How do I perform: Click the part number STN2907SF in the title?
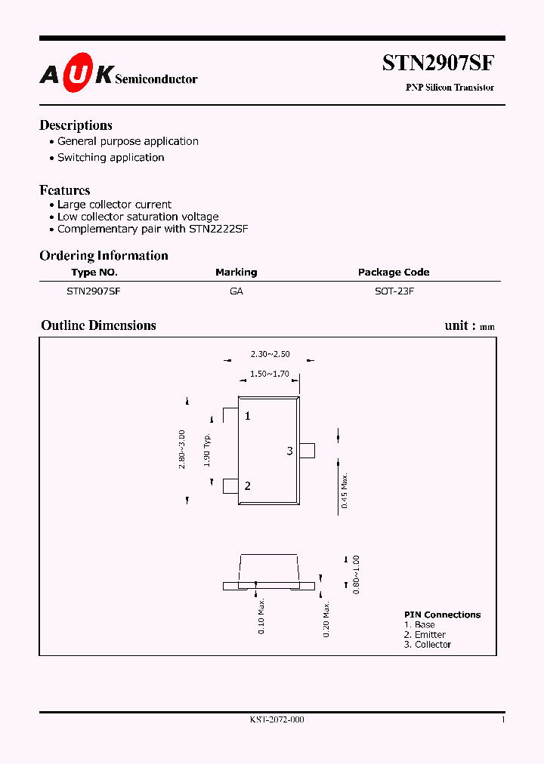coord(438,63)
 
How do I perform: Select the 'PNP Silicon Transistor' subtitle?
coord(450,88)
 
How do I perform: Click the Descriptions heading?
coord(76,125)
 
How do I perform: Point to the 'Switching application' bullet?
coord(110,158)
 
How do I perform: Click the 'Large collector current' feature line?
coord(114,205)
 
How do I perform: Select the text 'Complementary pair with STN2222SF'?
coord(153,229)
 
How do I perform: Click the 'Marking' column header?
coord(236,273)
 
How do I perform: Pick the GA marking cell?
coord(236,291)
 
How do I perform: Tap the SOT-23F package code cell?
coord(394,291)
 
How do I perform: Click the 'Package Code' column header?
coord(394,273)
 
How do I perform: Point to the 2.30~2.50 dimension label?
coord(270,353)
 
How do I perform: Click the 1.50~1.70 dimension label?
coord(270,374)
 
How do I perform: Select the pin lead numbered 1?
coord(230,416)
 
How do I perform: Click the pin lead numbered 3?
coord(307,451)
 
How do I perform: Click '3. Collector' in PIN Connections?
coord(428,645)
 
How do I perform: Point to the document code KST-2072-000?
coord(277,720)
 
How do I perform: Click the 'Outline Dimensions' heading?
coord(98,325)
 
